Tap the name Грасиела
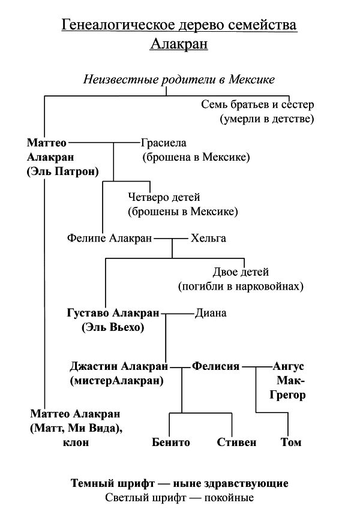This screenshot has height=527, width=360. pos(164,143)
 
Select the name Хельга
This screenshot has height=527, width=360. pos(208,238)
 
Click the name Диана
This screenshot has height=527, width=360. pos(211,313)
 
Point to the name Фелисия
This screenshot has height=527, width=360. pos(215,366)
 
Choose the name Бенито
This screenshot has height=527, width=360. pos(171,442)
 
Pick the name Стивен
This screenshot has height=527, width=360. pos(236,442)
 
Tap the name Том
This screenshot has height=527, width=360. pos(291,442)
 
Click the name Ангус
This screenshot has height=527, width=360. pos(289,366)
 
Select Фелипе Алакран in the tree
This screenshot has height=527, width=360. pos(110,238)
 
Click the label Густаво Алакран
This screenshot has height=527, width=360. pos(113,313)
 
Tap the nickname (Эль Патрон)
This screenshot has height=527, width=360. pos(62,171)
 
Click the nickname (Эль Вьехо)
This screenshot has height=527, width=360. pos(113,327)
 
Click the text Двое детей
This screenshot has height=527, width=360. pos(241,272)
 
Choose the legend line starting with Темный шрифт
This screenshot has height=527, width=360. pos(179,483)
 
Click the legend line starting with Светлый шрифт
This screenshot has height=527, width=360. pos(179,498)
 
